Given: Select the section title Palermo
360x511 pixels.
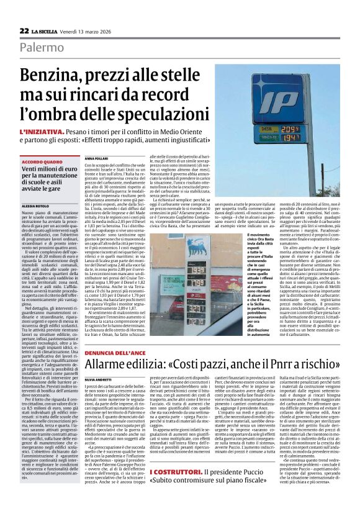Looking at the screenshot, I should click(x=40, y=47).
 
